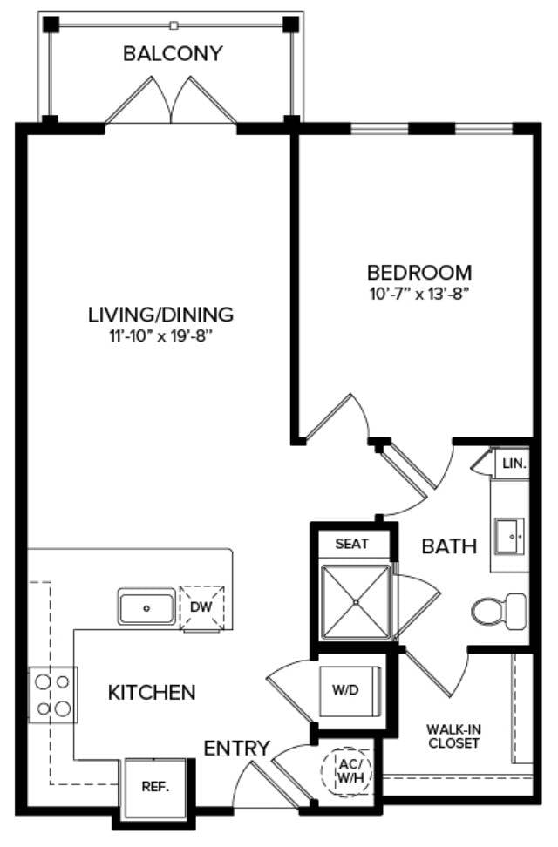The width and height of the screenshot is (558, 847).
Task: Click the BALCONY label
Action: pyautogui.click(x=173, y=53)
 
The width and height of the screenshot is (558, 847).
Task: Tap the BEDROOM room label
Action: pyautogui.click(x=419, y=272)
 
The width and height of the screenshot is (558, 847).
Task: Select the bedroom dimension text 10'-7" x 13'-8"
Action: pyautogui.click(x=418, y=295)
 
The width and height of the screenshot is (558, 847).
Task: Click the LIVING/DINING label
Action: pyautogui.click(x=160, y=315)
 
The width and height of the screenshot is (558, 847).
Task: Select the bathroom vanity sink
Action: pyautogui.click(x=510, y=537)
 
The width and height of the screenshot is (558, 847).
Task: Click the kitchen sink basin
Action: pyautogui.click(x=146, y=607)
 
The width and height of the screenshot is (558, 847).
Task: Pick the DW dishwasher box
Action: pyautogui.click(x=201, y=607)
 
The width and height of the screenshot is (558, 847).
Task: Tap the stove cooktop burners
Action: pyautogui.click(x=52, y=695)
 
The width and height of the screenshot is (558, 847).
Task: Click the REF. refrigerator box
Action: pyautogui.click(x=156, y=788)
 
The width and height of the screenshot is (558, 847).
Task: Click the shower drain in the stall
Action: pyautogui.click(x=355, y=601)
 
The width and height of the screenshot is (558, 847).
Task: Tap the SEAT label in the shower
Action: pyautogui.click(x=352, y=544)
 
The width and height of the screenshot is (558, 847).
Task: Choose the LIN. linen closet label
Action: pyautogui.click(x=514, y=464)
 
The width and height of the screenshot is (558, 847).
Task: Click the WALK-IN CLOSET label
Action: pyautogui.click(x=453, y=736)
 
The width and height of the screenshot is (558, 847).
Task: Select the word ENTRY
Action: pyautogui.click(x=236, y=749)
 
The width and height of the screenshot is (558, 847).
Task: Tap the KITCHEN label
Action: pyautogui.click(x=152, y=693)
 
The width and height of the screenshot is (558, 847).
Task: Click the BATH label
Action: pyautogui.click(x=449, y=546)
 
